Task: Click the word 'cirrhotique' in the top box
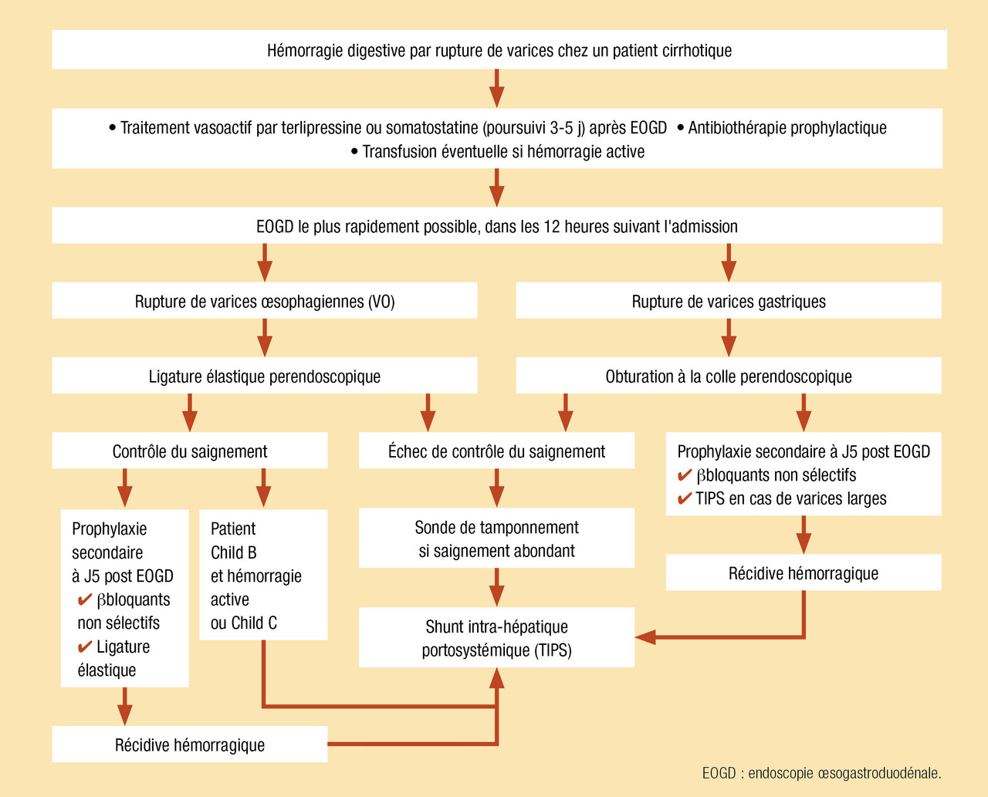[696, 51]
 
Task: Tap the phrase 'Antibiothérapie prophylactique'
[787, 128]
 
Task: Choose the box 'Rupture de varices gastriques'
[729, 301]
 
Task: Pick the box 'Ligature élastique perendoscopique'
[265, 377]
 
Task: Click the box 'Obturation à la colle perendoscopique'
[729, 377]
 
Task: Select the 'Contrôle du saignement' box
[190, 451]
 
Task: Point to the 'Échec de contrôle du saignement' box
[496, 451]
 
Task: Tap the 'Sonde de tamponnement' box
[496, 539]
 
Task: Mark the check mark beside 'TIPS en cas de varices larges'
[684, 499]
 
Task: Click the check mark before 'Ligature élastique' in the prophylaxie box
[85, 647]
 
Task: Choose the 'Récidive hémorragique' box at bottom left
[190, 745]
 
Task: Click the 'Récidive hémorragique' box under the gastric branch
[804, 573]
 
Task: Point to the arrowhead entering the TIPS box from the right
[645, 637]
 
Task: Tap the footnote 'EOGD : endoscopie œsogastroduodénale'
[821, 773]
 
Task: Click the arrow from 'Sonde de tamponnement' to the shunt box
[496, 588]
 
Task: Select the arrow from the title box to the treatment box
[496, 89]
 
